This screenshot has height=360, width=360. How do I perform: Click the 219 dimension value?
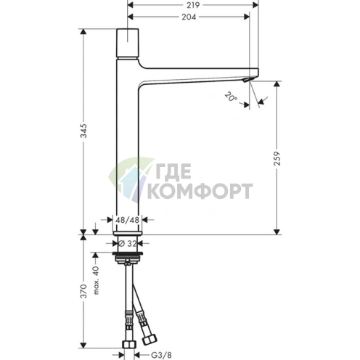pyautogui.click(x=193, y=5)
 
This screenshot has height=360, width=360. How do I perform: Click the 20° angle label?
pyautogui.click(x=231, y=95)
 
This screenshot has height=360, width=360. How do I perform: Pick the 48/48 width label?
pyautogui.click(x=128, y=218)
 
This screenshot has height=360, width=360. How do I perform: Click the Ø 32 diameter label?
pyautogui.click(x=128, y=244)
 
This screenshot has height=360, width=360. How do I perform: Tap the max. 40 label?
pyautogui.click(x=96, y=279)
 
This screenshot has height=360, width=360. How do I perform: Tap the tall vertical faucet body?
pyautogui.click(x=128, y=145)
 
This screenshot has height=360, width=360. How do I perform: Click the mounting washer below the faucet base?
pyautogui.click(x=128, y=255)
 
